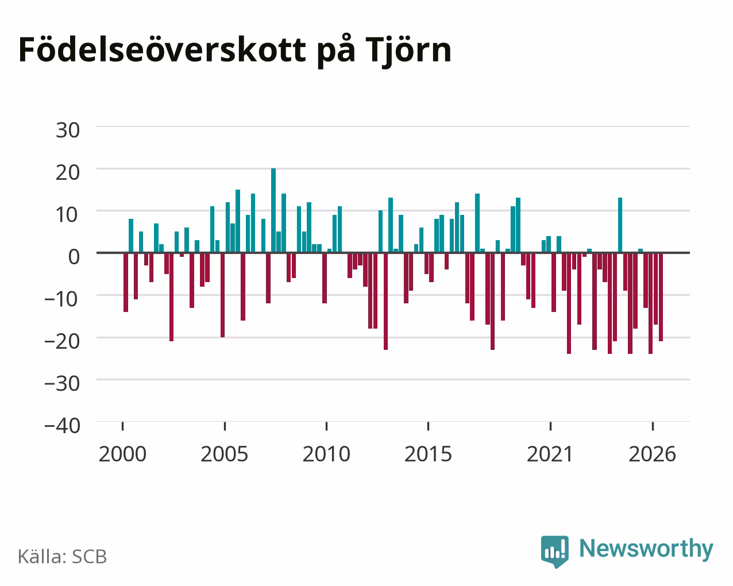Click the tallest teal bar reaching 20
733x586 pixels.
[273, 210]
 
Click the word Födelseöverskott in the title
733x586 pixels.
[163, 51]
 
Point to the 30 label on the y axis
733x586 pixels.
[68, 130]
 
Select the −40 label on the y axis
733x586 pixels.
[63, 426]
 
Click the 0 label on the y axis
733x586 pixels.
[74, 257]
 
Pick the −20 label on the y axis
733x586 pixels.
[63, 341]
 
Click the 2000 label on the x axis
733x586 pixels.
[122, 454]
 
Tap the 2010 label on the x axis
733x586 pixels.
[326, 454]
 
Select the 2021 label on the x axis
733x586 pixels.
[550, 454]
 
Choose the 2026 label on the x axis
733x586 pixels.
[652, 454]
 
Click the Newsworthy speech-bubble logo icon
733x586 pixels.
[555, 552]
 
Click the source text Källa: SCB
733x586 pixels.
[63, 557]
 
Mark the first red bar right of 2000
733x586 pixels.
[126, 283]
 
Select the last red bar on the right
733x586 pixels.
[661, 297]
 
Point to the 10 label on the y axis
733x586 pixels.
[68, 215]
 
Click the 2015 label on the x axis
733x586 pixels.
[428, 454]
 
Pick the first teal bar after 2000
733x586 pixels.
[131, 236]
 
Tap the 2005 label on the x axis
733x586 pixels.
[225, 454]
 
